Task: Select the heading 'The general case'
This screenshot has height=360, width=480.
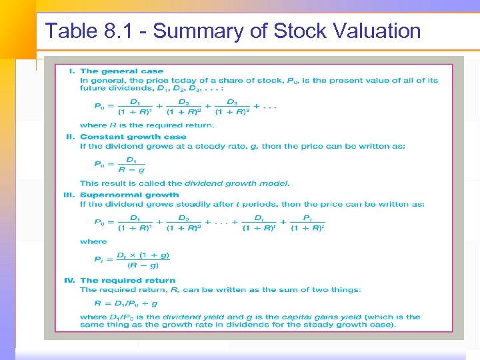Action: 121,71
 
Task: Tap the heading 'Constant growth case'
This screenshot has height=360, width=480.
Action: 133,137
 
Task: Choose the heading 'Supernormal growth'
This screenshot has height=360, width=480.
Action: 129,195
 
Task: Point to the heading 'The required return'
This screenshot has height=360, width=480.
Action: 127,281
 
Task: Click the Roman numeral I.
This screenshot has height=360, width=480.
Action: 72,71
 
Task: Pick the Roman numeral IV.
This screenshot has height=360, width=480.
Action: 69,281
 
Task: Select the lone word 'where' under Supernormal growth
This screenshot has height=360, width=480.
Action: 93,241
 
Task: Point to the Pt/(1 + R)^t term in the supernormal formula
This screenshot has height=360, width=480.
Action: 308,223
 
